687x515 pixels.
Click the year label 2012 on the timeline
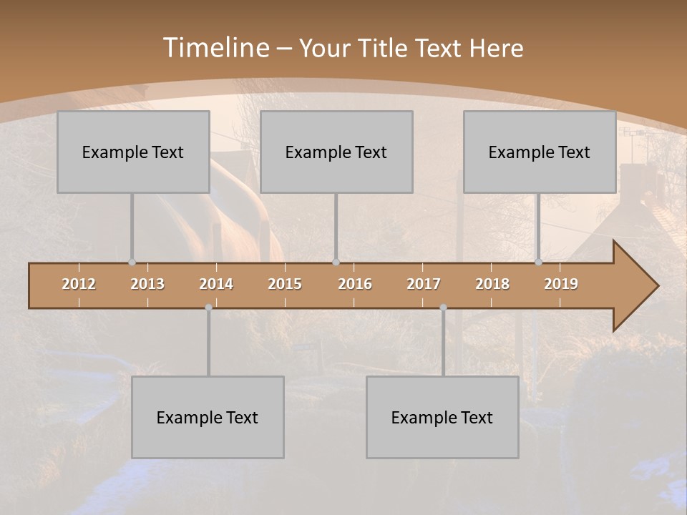79,284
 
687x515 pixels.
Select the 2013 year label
147,284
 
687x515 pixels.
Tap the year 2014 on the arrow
216,284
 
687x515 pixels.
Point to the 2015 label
285,284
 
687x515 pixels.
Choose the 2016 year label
355,284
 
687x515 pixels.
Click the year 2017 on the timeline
424,284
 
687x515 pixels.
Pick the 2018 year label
492,284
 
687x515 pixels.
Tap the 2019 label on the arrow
561,284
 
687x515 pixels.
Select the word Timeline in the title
214,48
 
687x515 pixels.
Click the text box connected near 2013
133,152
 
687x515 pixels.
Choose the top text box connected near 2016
336,152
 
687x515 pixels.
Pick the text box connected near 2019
540,152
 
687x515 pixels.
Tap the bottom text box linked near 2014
208,417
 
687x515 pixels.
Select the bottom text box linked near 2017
442,417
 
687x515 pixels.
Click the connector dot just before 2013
132,262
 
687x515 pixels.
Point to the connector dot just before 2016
336,262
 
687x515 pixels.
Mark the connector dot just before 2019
538,262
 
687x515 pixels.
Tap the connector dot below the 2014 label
208,308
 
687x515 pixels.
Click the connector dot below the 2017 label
443,308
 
